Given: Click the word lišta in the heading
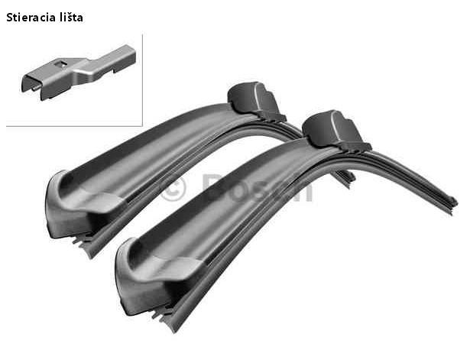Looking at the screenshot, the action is (x=71, y=18).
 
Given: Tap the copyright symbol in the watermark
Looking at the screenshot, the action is (x=173, y=188).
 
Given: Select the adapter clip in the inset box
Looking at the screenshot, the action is (x=79, y=73).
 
